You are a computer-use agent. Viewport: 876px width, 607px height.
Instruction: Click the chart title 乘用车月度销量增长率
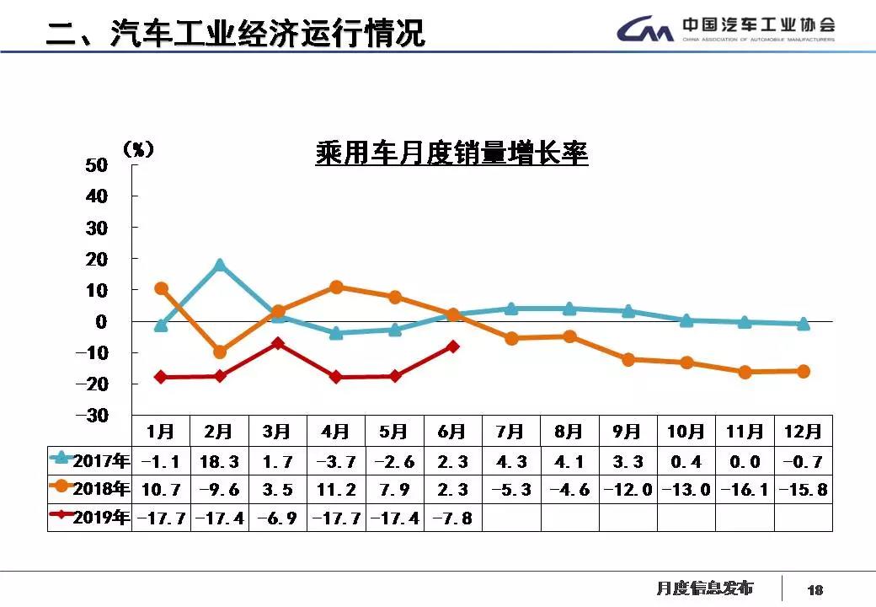[x=451, y=154]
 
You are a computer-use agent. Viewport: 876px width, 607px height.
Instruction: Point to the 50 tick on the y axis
[x=97, y=165]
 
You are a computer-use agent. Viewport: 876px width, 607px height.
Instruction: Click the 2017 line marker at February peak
[x=220, y=265]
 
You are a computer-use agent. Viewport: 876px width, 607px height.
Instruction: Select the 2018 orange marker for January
[x=161, y=288]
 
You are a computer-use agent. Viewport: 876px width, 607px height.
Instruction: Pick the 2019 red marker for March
[x=277, y=343]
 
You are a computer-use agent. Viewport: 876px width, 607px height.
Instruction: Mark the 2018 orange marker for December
[x=803, y=371]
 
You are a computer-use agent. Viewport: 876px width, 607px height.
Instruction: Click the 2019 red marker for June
[x=452, y=346]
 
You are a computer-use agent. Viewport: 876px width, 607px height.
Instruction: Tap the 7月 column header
[x=510, y=432]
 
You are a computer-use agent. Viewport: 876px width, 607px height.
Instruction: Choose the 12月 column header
[x=803, y=432]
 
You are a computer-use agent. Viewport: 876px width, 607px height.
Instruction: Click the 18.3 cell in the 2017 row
[x=219, y=462]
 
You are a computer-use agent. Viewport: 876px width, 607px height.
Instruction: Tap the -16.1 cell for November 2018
[x=745, y=490]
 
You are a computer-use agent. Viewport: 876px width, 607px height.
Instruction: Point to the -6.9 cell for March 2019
[x=277, y=518]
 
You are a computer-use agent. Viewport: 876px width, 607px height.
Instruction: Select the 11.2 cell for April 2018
[x=335, y=490]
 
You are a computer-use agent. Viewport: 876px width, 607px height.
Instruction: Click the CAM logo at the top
[x=644, y=31]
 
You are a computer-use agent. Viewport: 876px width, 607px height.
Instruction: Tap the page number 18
[x=815, y=590]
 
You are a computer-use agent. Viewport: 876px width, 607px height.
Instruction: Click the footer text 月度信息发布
[x=704, y=588]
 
